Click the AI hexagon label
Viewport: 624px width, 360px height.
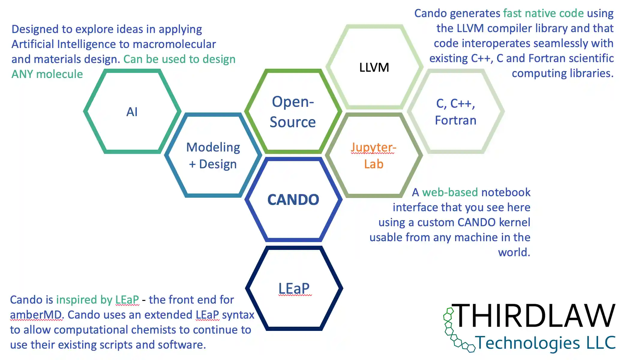pyautogui.click(x=132, y=112)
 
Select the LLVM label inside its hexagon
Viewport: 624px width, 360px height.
pyautogui.click(x=374, y=67)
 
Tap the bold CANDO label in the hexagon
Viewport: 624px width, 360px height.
pyautogui.click(x=293, y=200)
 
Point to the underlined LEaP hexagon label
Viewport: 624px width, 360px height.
pyautogui.click(x=294, y=289)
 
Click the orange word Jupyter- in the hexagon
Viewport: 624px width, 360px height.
pyautogui.click(x=373, y=147)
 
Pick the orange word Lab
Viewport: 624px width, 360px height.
pyautogui.click(x=373, y=164)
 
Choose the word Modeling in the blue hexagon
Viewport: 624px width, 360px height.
pyautogui.click(x=213, y=147)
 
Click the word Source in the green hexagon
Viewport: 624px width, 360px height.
pyautogui.click(x=292, y=122)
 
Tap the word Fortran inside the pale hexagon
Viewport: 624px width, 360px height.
pyautogui.click(x=455, y=120)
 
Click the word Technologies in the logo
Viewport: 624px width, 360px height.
pyautogui.click(x=528, y=343)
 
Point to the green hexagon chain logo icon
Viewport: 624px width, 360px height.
pyautogui.click(x=453, y=330)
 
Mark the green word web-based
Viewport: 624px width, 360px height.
pyautogui.click(x=450, y=192)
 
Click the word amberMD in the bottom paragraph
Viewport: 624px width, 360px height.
pyautogui.click(x=36, y=315)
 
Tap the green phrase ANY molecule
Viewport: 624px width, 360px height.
pyautogui.click(x=47, y=74)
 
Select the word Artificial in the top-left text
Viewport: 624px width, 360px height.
pyautogui.click(x=33, y=44)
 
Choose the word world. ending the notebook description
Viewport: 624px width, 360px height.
pyautogui.click(x=514, y=252)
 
